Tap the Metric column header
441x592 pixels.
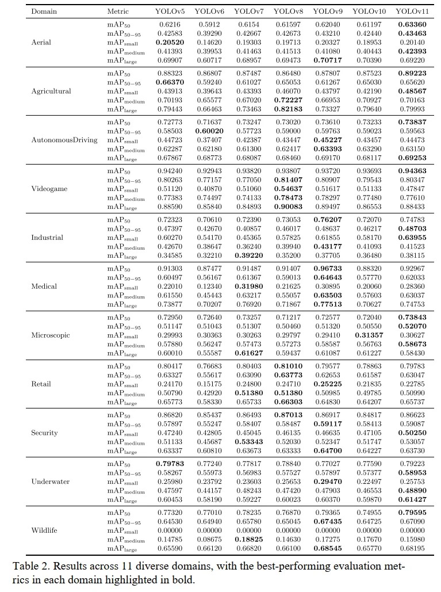click(118, 12)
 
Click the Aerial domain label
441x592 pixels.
click(41, 42)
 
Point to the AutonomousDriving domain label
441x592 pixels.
click(64, 140)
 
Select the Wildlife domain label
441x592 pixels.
click(44, 530)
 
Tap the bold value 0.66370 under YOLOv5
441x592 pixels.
click(170, 83)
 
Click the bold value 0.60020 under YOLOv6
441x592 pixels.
click(209, 132)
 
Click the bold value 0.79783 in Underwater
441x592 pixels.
click(170, 463)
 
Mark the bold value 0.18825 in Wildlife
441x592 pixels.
click(248, 538)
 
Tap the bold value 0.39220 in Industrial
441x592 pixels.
click(248, 255)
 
